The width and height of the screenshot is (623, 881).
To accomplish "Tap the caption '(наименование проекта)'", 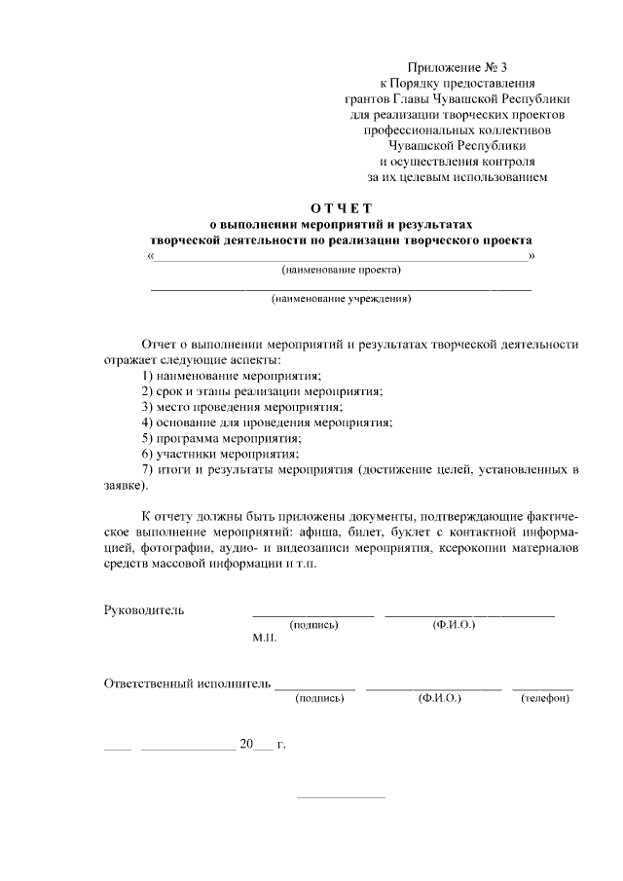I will pos(341,270).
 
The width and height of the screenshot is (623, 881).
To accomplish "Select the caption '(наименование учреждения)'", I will pos(341,299).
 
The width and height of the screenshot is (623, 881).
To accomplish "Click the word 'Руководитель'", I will pos(144,610).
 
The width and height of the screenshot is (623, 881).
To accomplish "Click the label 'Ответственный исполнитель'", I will pos(186,683).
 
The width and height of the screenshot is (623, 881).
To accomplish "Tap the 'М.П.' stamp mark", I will pos(265,639).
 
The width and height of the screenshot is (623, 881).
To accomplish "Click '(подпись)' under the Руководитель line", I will pos(313,624).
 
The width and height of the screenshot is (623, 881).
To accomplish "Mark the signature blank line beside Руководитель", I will pos(313,615).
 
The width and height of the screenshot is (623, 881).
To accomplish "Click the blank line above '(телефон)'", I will pos(542,689).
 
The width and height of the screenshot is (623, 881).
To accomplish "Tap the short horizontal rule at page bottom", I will pos(341,797).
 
